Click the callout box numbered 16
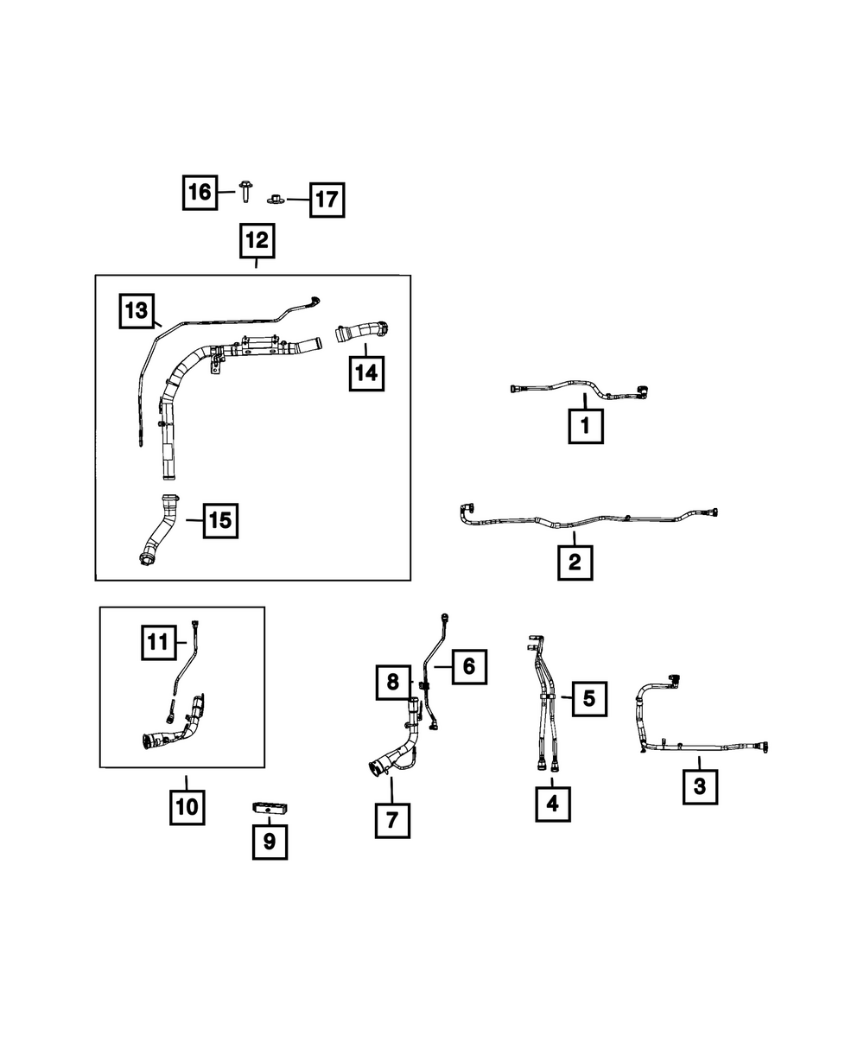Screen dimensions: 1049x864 click(200, 192)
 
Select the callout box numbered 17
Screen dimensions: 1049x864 click(326, 200)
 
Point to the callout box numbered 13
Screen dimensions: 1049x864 click(137, 311)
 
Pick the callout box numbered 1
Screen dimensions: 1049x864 click(585, 425)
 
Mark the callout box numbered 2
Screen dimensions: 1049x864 click(575, 563)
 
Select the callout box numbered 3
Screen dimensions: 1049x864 click(700, 786)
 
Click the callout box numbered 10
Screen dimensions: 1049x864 click(187, 807)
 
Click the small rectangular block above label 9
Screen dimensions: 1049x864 click(270, 807)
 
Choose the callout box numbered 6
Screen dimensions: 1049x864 click(468, 665)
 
